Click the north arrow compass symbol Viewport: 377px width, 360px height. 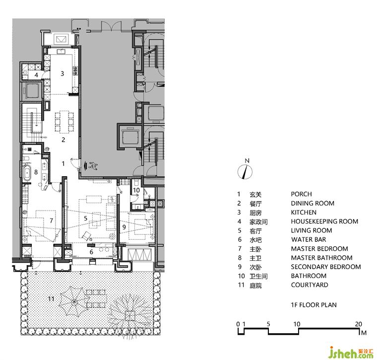(245, 172)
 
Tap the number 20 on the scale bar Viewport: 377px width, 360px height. (358, 324)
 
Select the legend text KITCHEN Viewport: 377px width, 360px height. (304, 212)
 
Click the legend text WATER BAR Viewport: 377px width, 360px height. (309, 239)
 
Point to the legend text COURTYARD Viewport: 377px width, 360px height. (310, 285)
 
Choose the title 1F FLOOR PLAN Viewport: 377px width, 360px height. (314, 305)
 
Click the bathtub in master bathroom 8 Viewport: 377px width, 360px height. (27, 172)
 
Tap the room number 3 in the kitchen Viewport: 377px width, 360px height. (63, 73)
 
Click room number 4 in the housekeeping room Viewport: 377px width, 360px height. (36, 75)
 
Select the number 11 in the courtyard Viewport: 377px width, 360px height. (51, 299)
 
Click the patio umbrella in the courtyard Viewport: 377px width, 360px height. (74, 301)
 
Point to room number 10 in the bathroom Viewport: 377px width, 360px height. (136, 190)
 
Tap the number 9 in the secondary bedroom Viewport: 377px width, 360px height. (124, 227)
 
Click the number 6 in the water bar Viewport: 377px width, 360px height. (91, 252)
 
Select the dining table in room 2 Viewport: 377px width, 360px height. (64, 122)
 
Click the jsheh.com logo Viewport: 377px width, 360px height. (351, 352)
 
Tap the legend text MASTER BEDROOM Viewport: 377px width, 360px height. (319, 249)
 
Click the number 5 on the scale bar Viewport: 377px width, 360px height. (268, 324)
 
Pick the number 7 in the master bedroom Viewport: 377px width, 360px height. (51, 220)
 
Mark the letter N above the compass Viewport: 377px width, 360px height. (247, 161)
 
